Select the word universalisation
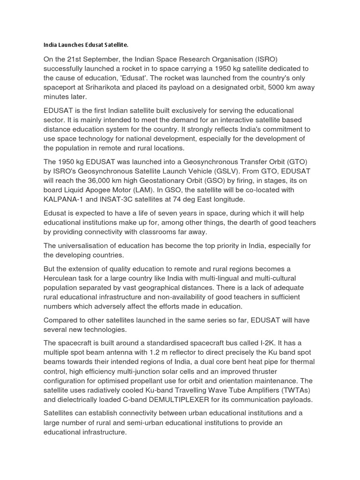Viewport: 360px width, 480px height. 84,246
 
